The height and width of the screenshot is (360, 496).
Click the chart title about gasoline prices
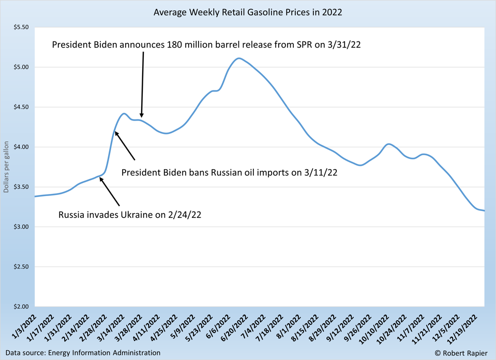click(248, 12)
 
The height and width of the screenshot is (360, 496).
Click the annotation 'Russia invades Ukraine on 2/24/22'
click(130, 215)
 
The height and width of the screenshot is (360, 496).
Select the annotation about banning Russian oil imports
click(229, 173)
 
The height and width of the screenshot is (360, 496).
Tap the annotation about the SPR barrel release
click(206, 45)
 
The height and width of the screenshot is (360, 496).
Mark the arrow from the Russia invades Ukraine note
click(110, 192)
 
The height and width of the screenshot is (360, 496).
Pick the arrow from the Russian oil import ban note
click(125, 146)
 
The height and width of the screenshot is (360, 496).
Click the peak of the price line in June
click(238, 58)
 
